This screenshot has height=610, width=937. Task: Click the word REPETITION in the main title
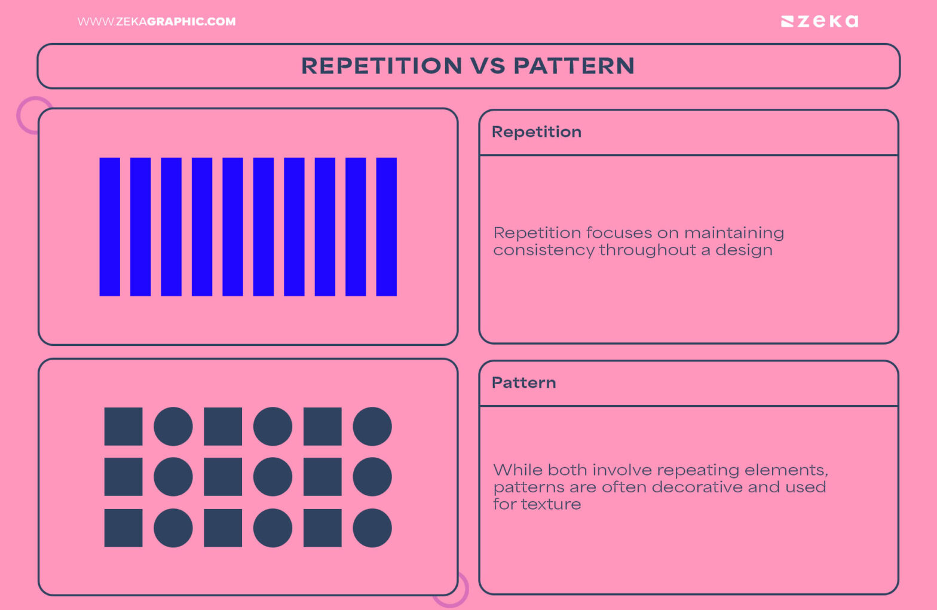click(x=381, y=66)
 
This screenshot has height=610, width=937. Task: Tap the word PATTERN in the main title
click(x=574, y=66)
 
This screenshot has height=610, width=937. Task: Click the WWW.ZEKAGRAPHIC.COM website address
click(x=157, y=22)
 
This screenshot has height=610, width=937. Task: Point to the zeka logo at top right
click(x=819, y=22)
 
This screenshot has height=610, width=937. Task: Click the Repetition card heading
click(x=536, y=132)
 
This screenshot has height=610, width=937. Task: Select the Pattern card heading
click(x=523, y=383)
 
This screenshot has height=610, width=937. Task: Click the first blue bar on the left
click(x=109, y=226)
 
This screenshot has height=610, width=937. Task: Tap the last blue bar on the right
click(x=386, y=226)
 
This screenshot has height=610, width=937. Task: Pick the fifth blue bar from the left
click(x=232, y=226)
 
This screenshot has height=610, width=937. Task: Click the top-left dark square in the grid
click(x=123, y=427)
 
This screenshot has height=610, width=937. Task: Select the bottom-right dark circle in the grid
click(x=372, y=528)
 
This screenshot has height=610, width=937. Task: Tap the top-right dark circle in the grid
click(x=372, y=427)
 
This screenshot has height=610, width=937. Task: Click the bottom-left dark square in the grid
click(x=123, y=528)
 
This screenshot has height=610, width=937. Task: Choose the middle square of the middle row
click(x=223, y=477)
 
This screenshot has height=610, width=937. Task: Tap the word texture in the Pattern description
click(x=550, y=505)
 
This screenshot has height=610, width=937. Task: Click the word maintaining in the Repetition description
click(x=734, y=233)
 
